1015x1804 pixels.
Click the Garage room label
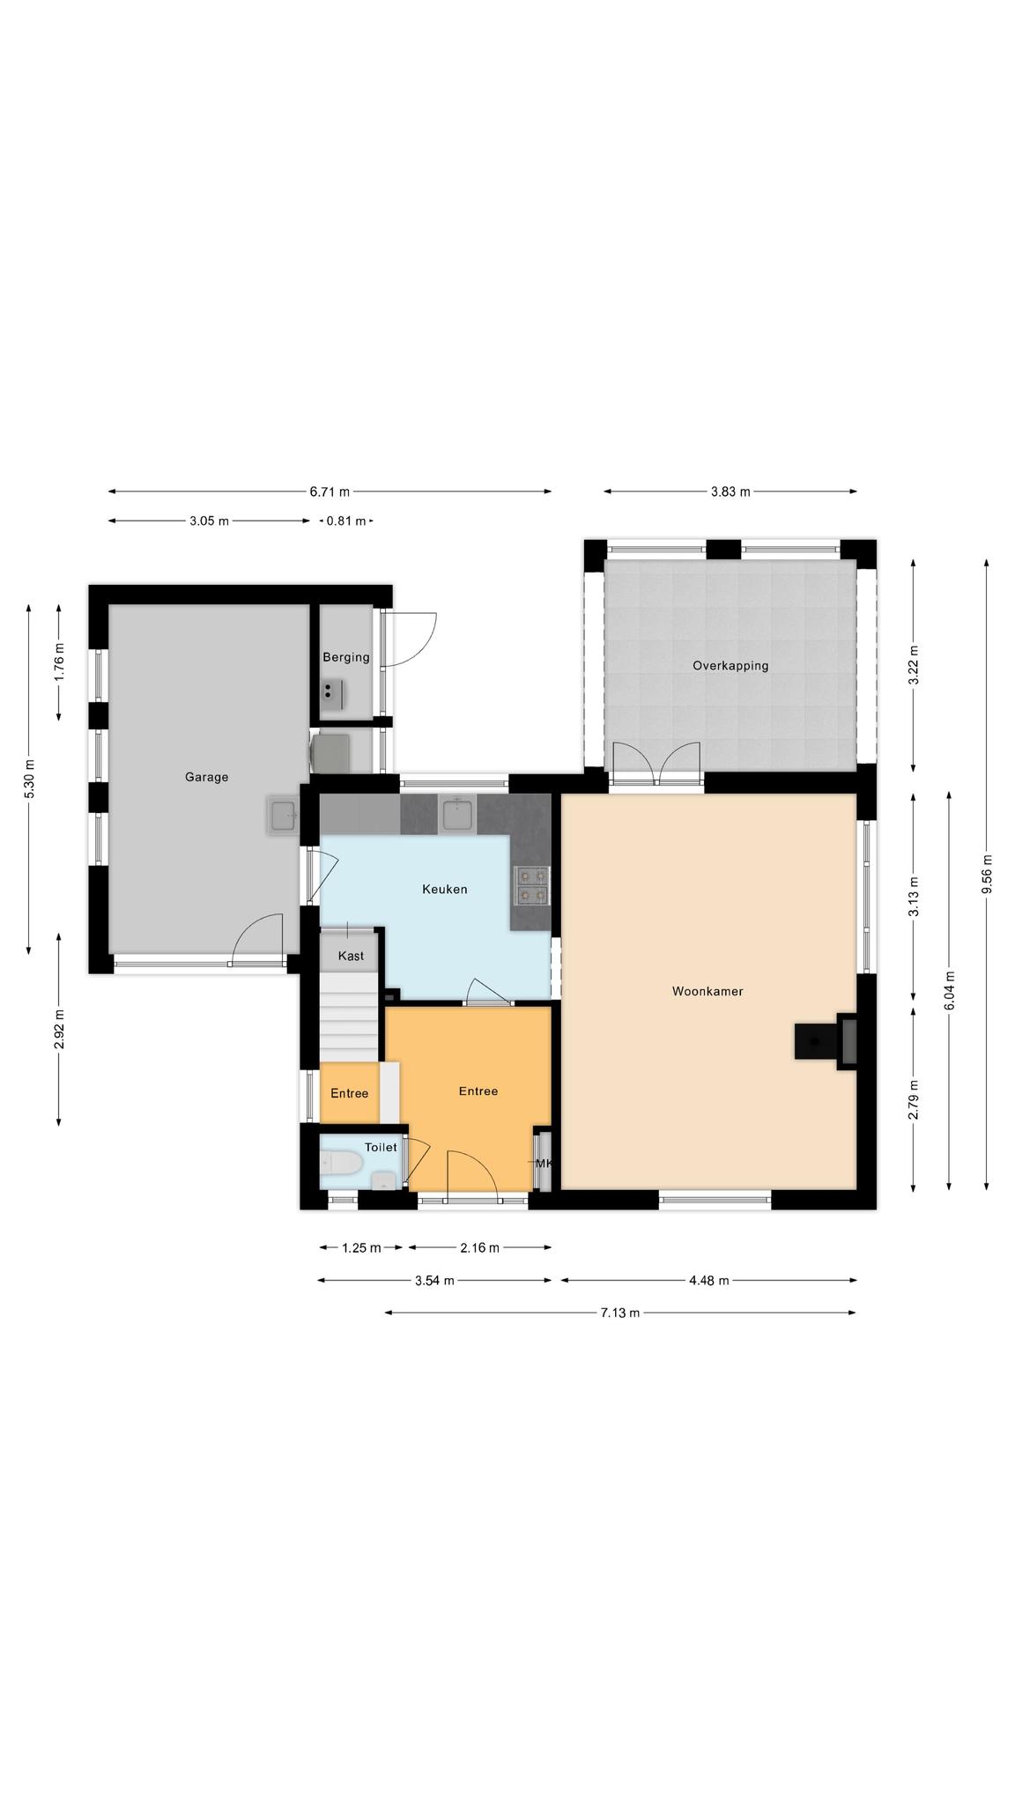coord(206,777)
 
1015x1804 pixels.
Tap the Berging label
coord(345,657)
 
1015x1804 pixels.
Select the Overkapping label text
coord(730,666)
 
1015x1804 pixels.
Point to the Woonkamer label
coord(708,991)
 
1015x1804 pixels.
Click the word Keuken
coord(444,889)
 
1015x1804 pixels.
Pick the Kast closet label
coord(351,956)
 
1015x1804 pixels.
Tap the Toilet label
coord(381,1147)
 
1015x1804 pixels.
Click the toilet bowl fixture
coord(341,1164)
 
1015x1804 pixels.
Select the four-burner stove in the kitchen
coord(531,885)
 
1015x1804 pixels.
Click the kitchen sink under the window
coord(458,814)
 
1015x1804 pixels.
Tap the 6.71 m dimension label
coord(330,492)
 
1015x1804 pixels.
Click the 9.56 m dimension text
coord(987,874)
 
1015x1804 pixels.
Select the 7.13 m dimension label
coord(620,1312)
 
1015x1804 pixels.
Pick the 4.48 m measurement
coord(709,1280)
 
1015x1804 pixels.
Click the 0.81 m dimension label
coord(345,521)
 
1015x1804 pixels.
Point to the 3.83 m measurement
coord(730,492)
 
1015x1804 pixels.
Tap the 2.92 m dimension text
coord(59,1029)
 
